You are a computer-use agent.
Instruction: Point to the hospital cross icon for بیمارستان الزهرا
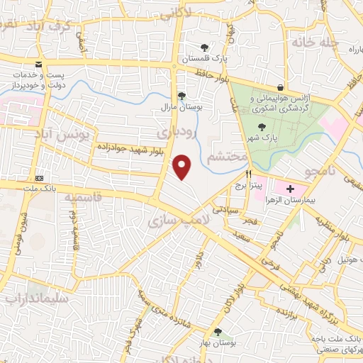(x=290, y=189)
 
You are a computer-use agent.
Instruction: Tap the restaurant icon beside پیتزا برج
(x=248, y=174)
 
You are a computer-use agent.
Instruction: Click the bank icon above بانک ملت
(x=39, y=178)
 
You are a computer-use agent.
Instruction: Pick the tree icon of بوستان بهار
(x=218, y=332)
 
